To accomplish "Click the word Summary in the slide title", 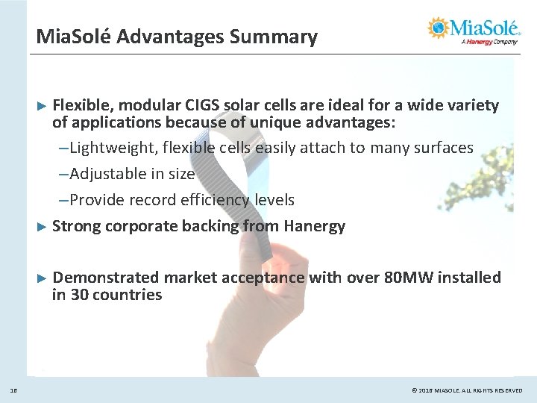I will click(x=277, y=36).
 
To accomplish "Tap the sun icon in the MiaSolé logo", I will click(x=437, y=28).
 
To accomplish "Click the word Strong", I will click(x=78, y=226).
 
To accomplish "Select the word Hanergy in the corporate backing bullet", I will click(x=314, y=226).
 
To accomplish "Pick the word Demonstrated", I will click(x=106, y=278).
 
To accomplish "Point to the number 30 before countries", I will click(x=80, y=295).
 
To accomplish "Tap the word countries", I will click(x=128, y=295).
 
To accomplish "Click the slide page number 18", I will click(x=14, y=390).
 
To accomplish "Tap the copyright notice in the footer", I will click(x=467, y=390).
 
